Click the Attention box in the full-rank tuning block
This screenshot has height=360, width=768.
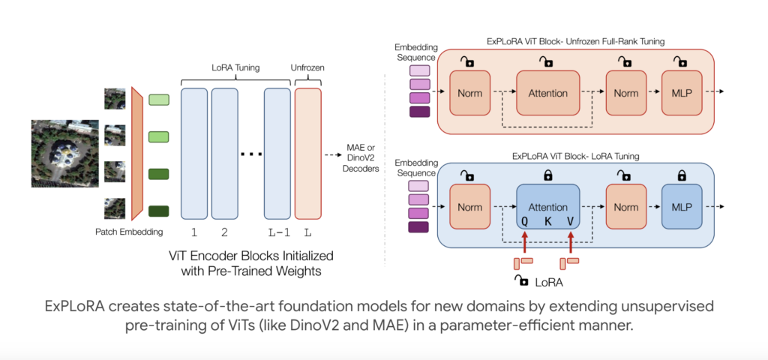(x=547, y=93)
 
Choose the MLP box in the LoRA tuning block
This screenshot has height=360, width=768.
(x=682, y=206)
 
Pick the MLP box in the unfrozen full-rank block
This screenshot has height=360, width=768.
(x=682, y=93)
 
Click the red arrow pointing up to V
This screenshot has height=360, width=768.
(x=571, y=241)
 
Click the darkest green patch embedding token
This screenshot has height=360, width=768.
(x=159, y=211)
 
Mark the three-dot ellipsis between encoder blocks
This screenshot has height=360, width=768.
(x=251, y=154)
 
